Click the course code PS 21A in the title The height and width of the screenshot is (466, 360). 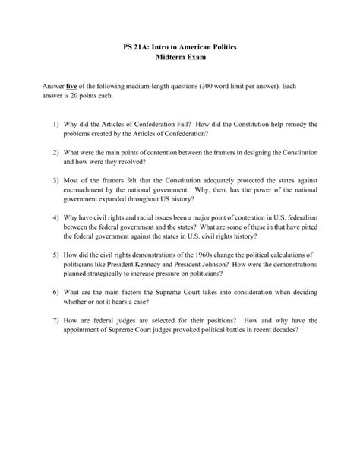click(136, 47)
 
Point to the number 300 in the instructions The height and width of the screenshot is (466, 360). click(252, 88)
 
